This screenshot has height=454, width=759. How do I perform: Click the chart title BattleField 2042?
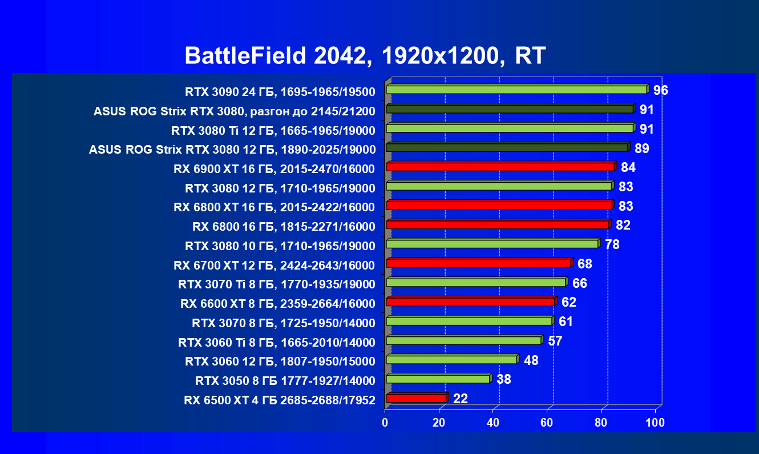pos(365,56)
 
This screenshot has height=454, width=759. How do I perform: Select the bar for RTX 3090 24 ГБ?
pos(516,90)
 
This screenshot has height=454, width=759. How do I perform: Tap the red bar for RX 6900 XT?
pos(500,167)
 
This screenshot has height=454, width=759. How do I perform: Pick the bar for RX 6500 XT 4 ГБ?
pos(416,398)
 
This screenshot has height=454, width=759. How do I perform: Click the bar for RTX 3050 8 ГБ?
pos(438,379)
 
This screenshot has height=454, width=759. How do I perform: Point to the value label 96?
pos(661,91)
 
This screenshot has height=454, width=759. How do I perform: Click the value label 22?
pos(460,399)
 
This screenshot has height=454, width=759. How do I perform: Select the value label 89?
pos(642,148)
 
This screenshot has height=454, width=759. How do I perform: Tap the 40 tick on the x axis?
pos(493,423)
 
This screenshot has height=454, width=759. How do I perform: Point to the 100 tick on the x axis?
pos(655,423)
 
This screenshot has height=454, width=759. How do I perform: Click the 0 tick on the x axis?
pos(385,423)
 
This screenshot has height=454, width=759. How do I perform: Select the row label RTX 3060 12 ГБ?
pos(280,361)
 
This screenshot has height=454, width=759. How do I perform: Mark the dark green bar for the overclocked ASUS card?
pos(510,109)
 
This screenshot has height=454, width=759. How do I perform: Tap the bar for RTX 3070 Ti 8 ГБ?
pos(475,282)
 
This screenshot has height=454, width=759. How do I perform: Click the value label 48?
pos(531,360)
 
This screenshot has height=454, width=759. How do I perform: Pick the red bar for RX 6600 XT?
pos(470,302)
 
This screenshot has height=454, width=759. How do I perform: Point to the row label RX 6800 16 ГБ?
pos(284,227)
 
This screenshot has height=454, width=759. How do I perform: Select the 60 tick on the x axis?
pos(547,423)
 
